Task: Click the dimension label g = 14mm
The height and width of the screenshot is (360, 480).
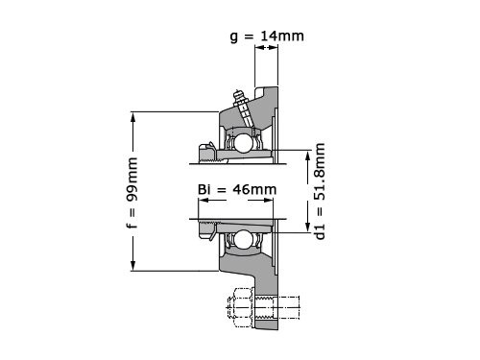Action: [x=267, y=36]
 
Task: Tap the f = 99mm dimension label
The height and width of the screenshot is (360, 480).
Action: [x=132, y=193]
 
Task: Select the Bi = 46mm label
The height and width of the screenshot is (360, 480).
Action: [x=237, y=189]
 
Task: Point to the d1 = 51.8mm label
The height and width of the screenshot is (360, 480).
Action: [x=320, y=191]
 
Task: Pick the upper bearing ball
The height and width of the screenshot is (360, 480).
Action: [x=244, y=143]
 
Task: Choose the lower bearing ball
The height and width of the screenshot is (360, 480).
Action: [x=243, y=239]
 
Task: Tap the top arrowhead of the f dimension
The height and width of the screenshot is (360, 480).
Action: [x=132, y=118]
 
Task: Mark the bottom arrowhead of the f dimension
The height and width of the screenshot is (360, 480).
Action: [x=132, y=265]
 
